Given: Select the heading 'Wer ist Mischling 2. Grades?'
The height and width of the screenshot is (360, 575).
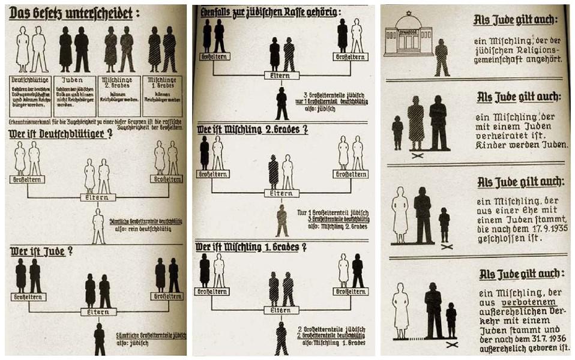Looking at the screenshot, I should pos(253,129).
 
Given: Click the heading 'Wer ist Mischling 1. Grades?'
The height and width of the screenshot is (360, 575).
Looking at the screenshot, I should pos(253,246).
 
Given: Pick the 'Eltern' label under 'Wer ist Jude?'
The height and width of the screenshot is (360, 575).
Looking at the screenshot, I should pos(98,311).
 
